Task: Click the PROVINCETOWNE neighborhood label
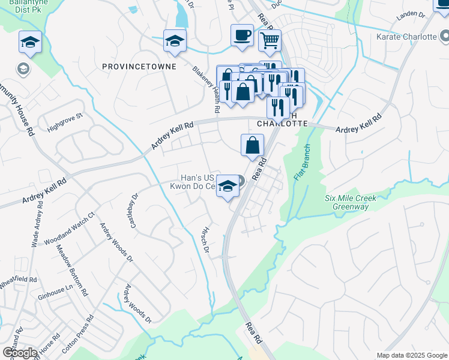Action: click(x=139, y=66)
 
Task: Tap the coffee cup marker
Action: click(x=242, y=35)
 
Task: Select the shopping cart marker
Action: click(x=270, y=40)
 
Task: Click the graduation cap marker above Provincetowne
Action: click(x=175, y=40)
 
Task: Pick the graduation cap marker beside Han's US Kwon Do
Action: click(x=228, y=185)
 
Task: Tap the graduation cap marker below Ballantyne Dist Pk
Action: click(x=30, y=41)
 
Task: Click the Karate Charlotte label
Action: click(x=406, y=37)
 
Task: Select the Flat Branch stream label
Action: click(x=301, y=163)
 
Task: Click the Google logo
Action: click(x=20, y=352)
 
